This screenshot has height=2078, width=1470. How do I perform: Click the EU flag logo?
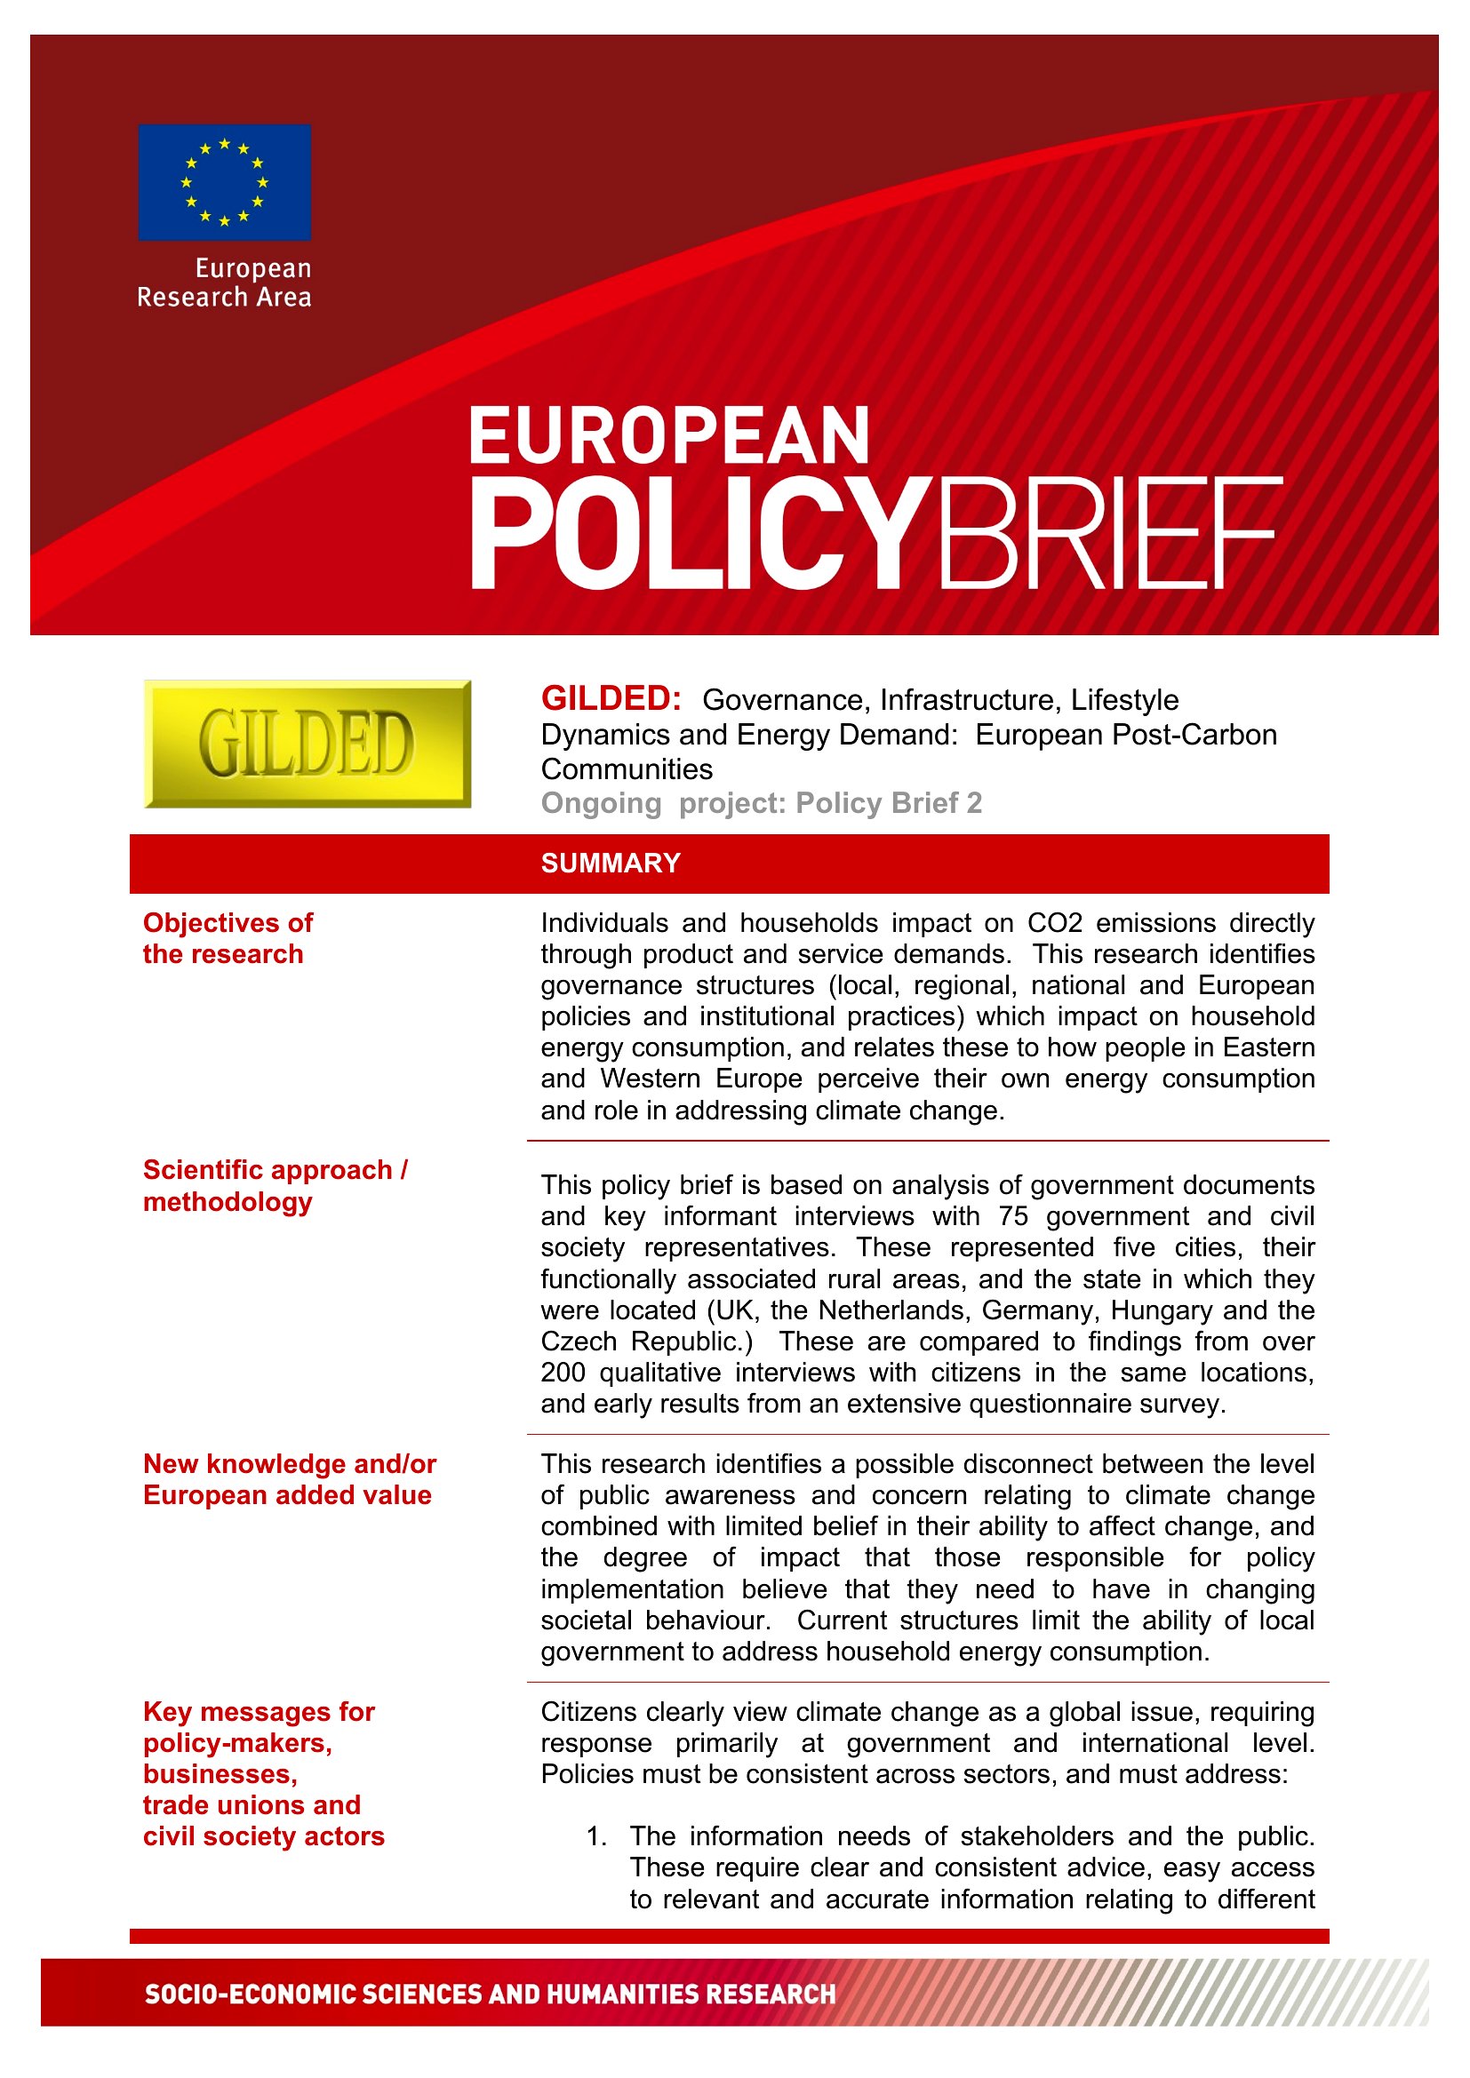pos(225,182)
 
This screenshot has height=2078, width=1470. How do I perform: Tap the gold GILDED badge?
pos(307,743)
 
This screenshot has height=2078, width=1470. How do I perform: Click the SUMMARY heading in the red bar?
pos(610,863)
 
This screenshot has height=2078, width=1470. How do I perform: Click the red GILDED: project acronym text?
pos(611,698)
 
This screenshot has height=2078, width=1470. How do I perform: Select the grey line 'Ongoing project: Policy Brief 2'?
pos(761,803)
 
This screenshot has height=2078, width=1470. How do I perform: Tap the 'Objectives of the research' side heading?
pos(228,937)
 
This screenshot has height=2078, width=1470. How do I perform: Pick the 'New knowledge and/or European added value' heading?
pos(289,1479)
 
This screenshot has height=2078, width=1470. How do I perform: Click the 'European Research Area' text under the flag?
pos(225,283)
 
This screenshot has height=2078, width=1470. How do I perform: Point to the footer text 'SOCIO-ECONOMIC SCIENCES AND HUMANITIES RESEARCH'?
pos(490,1994)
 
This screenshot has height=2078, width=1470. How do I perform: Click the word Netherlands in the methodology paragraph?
pos(892,1310)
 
